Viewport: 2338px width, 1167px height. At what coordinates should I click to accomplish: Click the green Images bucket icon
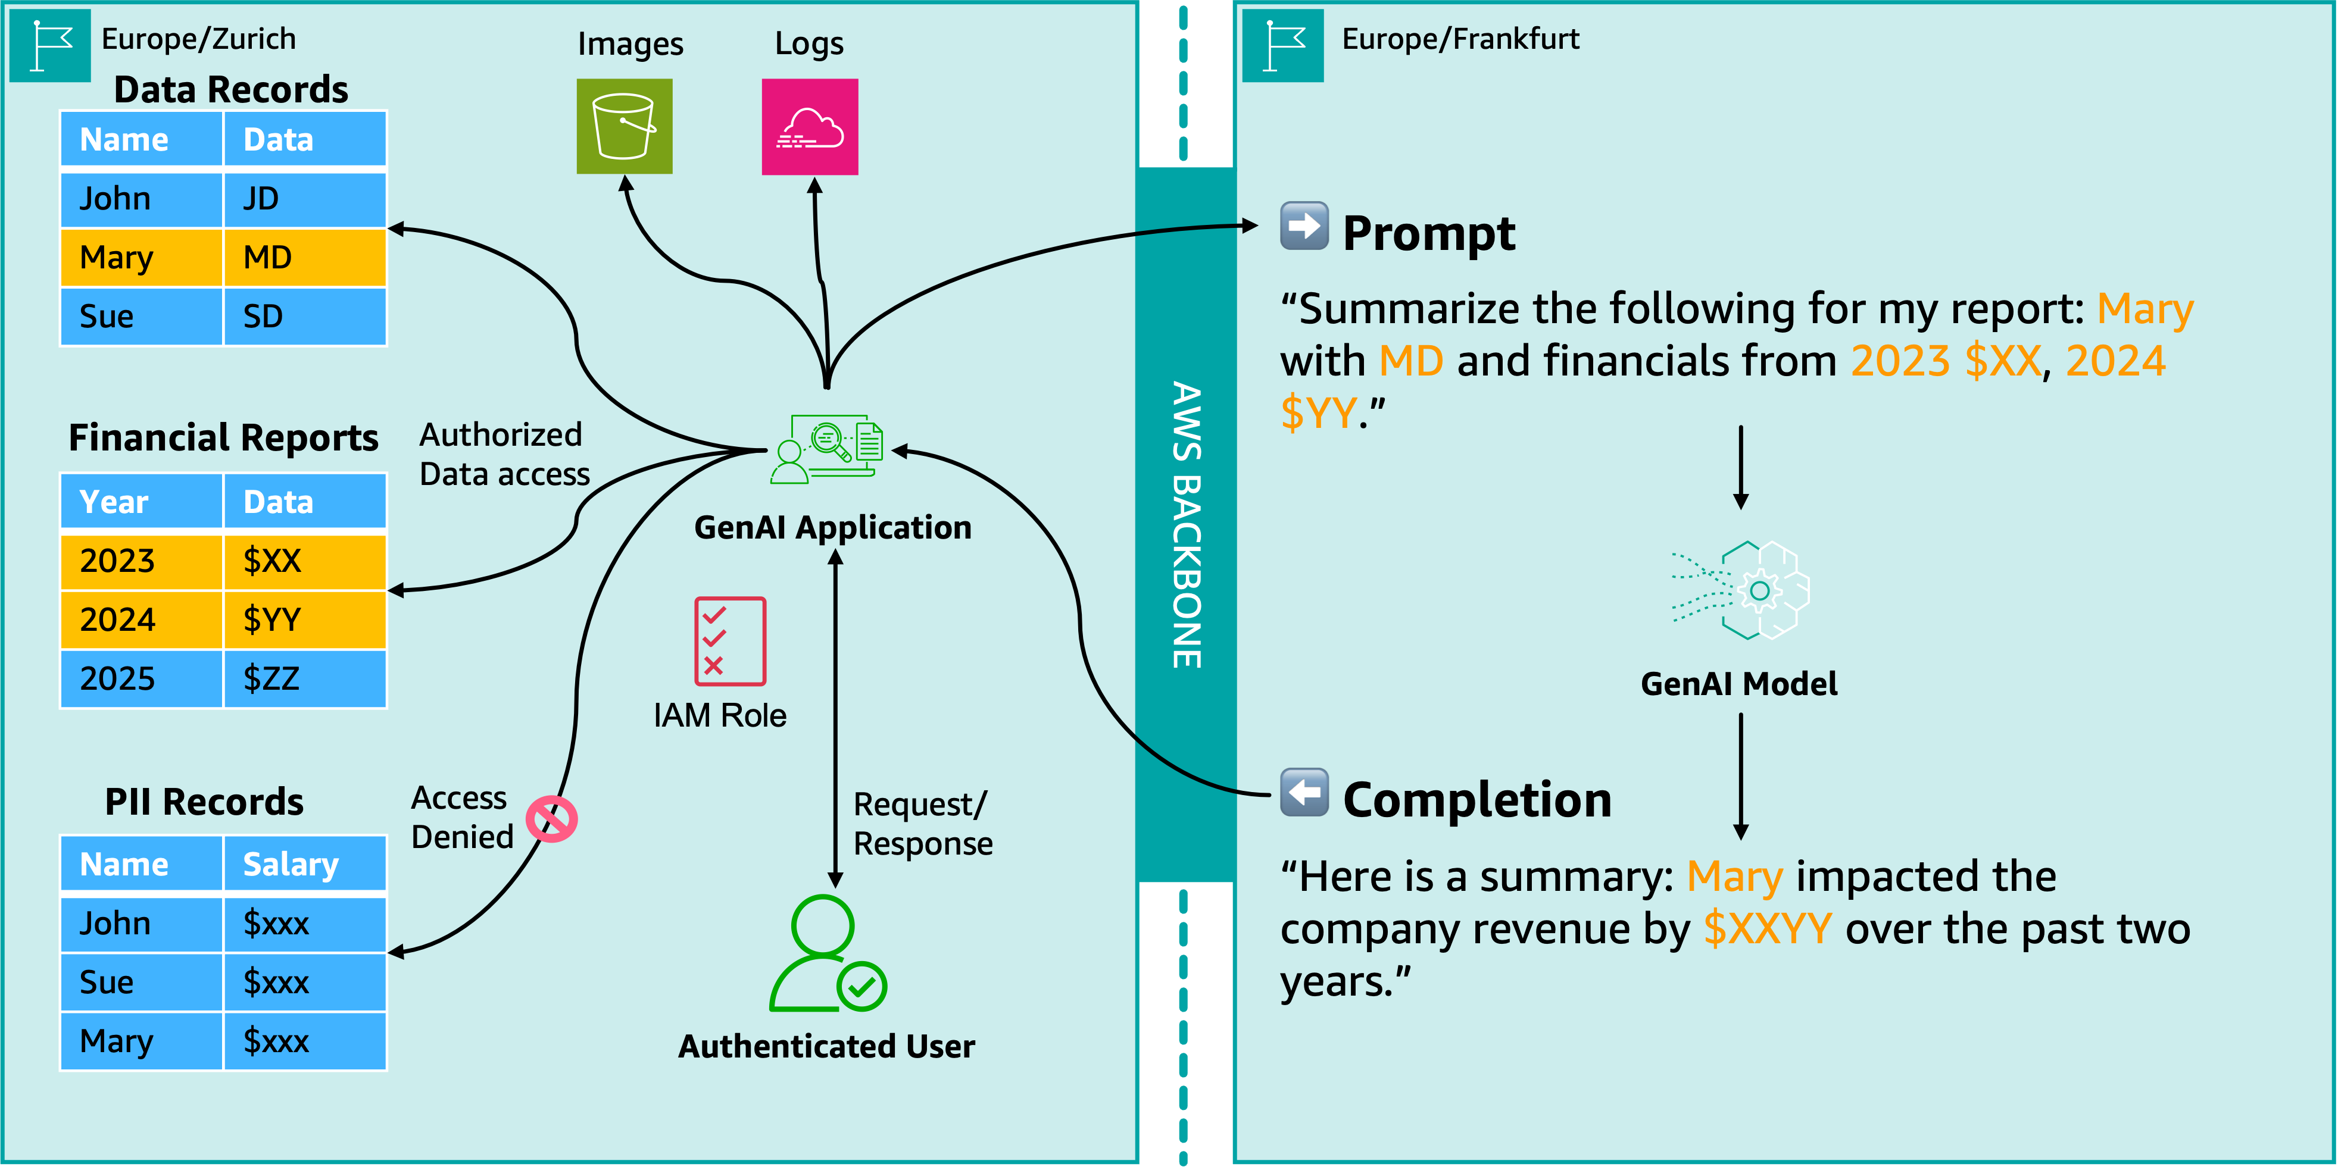(625, 126)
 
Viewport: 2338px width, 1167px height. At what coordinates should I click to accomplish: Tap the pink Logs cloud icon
(810, 126)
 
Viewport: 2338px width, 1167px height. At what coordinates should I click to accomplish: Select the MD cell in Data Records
(304, 258)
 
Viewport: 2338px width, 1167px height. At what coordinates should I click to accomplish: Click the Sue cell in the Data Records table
(141, 317)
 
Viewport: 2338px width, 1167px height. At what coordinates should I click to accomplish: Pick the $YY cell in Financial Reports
(304, 620)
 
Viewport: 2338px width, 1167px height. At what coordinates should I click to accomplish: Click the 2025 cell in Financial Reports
(141, 679)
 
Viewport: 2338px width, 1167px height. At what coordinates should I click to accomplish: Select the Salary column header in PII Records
(304, 864)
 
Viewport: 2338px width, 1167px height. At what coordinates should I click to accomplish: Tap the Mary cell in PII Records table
(141, 1041)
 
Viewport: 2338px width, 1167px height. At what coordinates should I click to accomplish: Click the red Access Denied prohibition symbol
(552, 819)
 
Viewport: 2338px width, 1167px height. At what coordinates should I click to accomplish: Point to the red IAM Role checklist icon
(730, 641)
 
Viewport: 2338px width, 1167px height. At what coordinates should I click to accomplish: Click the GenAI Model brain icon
(1741, 591)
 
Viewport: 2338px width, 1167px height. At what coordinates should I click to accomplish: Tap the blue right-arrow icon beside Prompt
(1304, 226)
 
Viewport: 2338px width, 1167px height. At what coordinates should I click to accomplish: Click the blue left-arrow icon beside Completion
(1304, 792)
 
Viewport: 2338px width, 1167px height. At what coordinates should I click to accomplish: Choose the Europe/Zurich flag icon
(50, 45)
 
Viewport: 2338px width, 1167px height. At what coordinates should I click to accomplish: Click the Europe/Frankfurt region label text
(1460, 39)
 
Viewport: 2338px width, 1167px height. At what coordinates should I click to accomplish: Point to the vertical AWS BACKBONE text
(1185, 524)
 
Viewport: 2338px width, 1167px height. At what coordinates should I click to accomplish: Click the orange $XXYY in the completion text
(1767, 928)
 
